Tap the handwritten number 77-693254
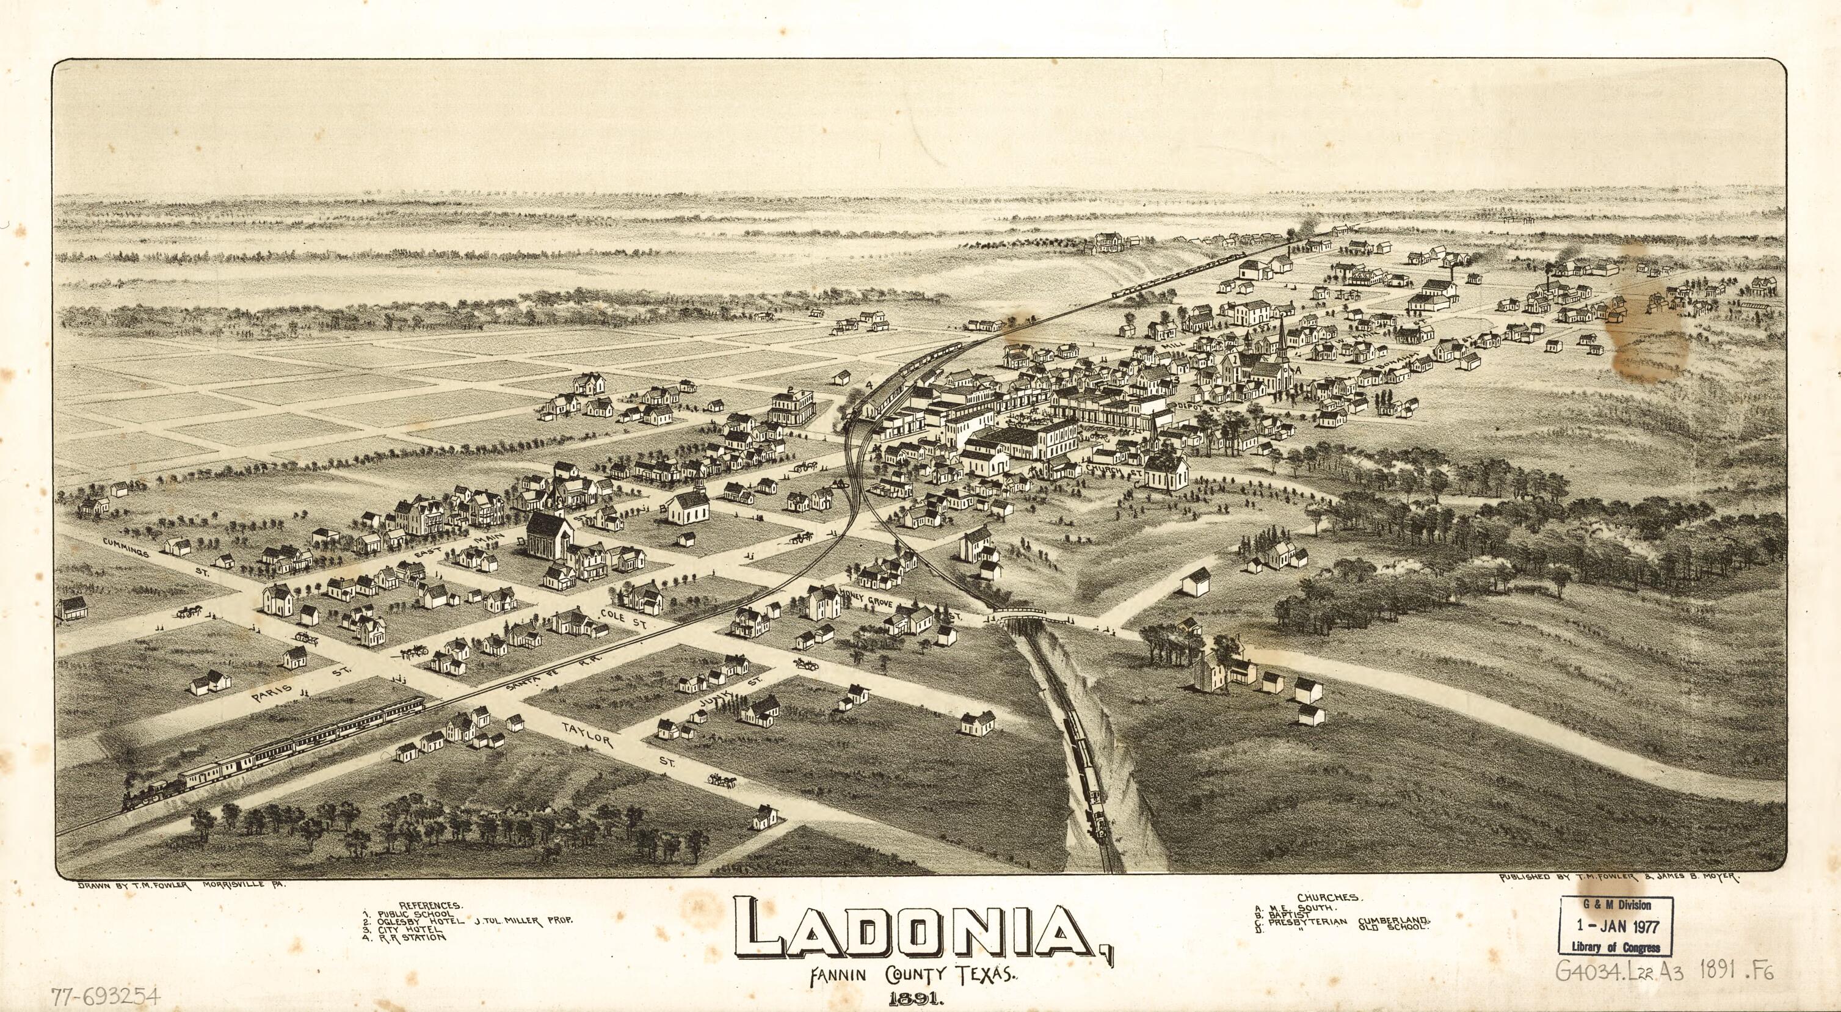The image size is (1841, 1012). point(106,996)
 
